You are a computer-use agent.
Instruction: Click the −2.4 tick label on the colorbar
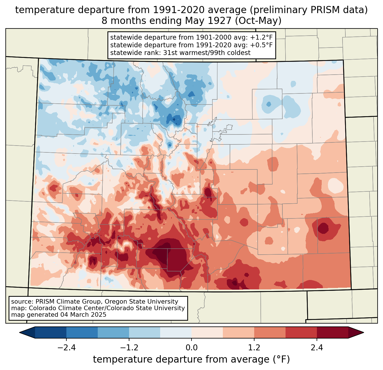point(66,347)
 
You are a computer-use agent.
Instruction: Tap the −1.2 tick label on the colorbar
point(129,347)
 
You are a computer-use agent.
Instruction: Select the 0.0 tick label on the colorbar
point(191,347)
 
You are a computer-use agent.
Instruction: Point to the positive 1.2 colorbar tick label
point(254,347)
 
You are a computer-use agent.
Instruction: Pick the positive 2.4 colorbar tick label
point(317,347)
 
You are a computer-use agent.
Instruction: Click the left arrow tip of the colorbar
point(19,333)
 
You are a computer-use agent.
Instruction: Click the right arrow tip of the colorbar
point(364,333)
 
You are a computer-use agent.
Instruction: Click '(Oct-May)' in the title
point(258,21)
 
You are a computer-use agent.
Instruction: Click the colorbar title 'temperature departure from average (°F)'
point(191,359)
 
